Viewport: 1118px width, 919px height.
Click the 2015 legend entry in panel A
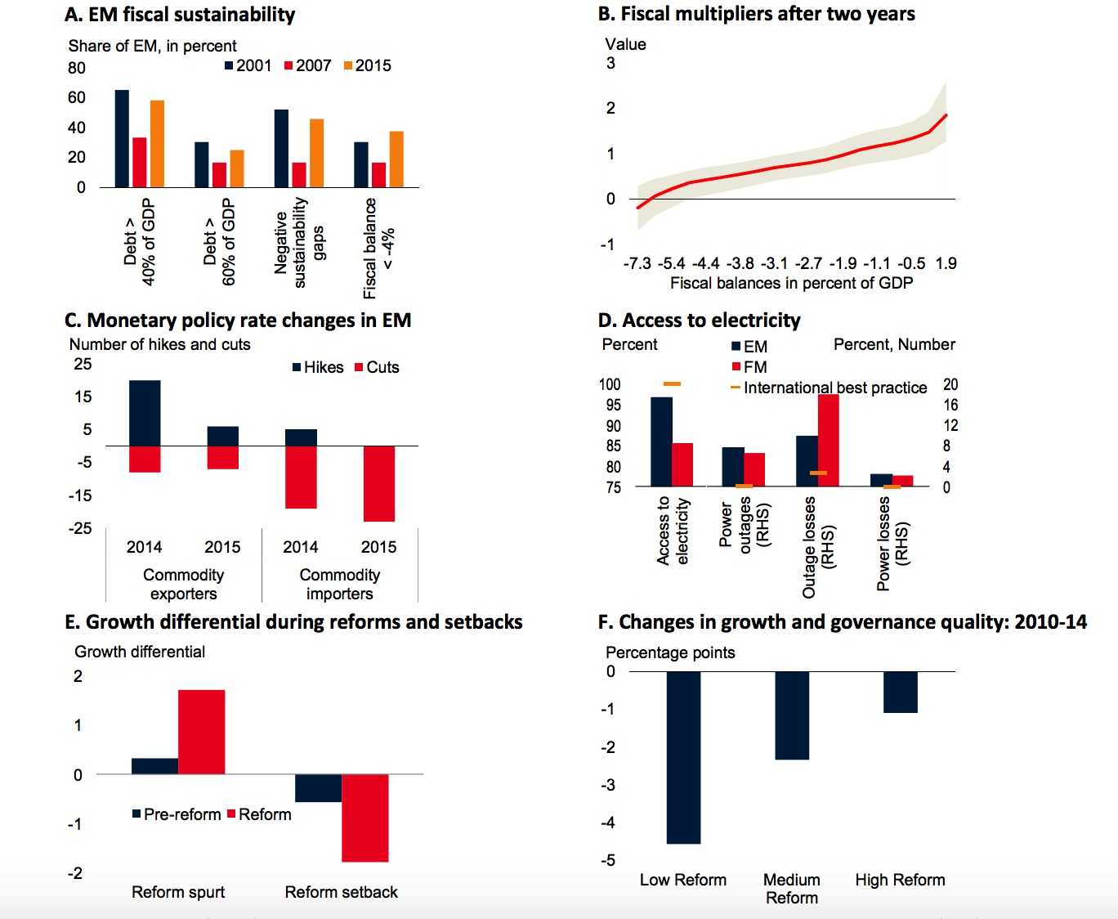click(367, 65)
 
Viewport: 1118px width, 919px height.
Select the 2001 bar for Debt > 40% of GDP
click(122, 138)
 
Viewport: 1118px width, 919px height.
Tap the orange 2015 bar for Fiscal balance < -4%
click(396, 159)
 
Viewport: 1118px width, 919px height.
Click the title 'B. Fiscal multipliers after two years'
click(756, 14)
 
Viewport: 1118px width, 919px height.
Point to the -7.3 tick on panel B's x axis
click(637, 263)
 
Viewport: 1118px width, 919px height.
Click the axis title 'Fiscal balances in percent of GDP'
click(791, 283)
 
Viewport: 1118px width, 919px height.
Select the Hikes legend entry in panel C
click(318, 367)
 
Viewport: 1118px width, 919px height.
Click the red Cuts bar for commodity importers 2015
click(379, 483)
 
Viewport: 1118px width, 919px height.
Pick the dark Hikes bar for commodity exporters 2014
click(145, 413)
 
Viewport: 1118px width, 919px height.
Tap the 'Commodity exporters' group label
click(183, 584)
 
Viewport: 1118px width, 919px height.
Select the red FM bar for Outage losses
click(829, 441)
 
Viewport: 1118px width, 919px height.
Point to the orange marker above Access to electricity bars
click(672, 383)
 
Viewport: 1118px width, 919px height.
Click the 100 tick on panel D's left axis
click(610, 384)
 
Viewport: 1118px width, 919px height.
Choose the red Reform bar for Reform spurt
click(202, 732)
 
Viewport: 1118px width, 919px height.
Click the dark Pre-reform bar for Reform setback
click(318, 788)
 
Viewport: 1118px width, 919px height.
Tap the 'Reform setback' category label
click(341, 892)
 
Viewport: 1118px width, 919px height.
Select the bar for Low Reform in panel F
click(683, 757)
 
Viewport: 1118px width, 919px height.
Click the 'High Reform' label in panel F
click(900, 880)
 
